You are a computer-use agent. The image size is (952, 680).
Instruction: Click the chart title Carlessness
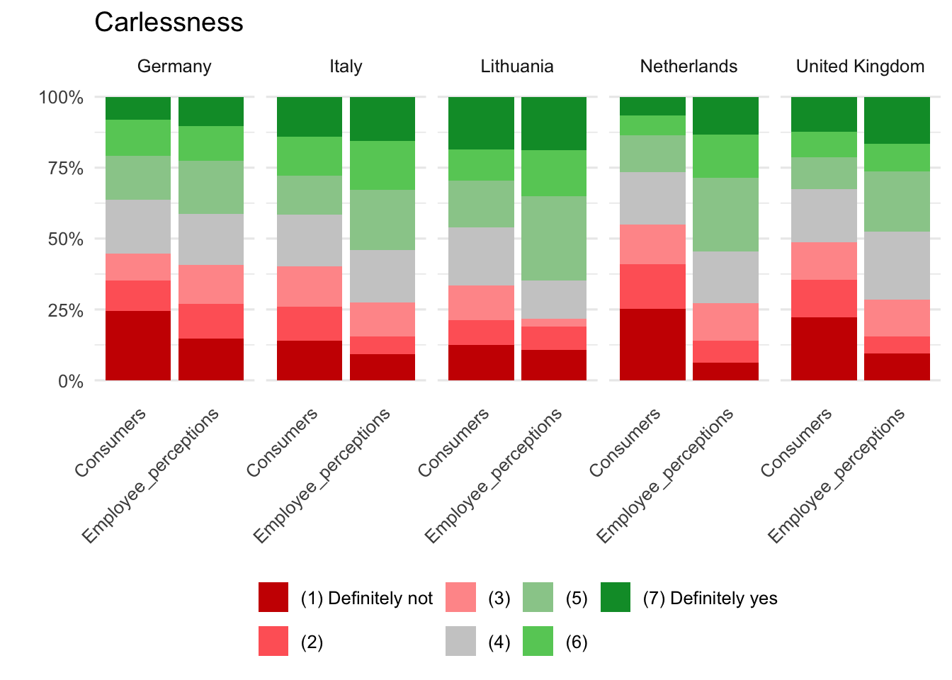coord(169,23)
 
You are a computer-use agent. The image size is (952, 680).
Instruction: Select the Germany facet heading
coord(174,67)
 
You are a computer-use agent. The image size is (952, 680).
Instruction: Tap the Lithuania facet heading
coord(517,67)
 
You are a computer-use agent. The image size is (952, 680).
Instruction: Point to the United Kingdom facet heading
coord(860,67)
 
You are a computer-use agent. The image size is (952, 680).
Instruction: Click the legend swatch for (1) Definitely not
coord(273,597)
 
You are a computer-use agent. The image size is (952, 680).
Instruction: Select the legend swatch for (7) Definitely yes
coord(615,597)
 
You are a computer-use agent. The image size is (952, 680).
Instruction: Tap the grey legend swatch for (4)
coord(460,641)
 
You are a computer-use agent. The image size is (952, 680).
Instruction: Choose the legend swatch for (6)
coord(538,641)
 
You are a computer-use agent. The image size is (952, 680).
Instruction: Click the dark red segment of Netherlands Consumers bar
coord(652,345)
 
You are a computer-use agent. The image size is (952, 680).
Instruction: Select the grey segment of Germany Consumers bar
coord(138,227)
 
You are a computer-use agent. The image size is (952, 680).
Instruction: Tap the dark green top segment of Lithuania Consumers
coord(481,123)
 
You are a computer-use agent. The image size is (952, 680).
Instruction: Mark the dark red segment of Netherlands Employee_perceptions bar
coord(725,372)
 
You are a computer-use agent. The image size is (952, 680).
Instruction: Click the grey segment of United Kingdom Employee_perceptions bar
coord(897,266)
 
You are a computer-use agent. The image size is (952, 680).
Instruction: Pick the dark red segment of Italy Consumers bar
coord(310,361)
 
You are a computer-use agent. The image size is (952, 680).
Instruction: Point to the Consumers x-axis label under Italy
coord(282,443)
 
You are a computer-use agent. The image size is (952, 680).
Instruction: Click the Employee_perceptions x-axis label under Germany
coord(150,476)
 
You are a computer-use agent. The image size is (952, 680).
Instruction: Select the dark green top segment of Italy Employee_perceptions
coord(382,119)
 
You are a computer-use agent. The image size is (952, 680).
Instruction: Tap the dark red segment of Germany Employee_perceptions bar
coord(211,360)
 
